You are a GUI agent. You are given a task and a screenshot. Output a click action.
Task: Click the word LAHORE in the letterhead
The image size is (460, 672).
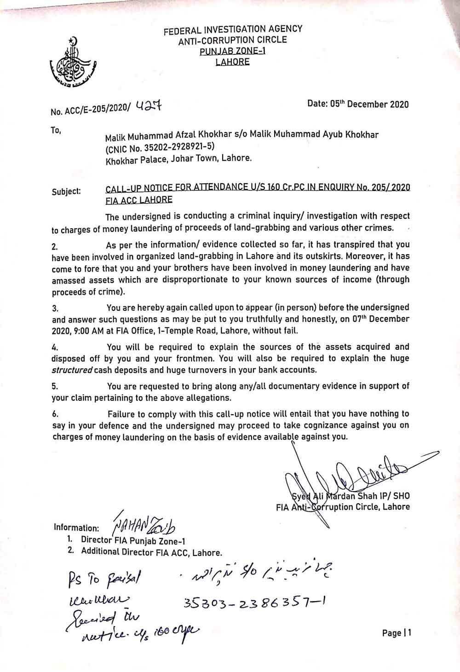tap(232, 61)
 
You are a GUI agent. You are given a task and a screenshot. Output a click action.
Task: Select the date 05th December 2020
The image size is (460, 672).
tap(369, 104)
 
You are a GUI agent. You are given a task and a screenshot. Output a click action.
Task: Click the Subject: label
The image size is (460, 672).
tap(66, 191)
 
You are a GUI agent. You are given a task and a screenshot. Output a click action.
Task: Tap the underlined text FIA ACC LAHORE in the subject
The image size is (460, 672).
tap(139, 200)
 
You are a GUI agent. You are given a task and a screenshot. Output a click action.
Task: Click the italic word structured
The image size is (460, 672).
tap(72, 370)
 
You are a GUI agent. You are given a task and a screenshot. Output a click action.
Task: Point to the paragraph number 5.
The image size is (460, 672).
tap(54, 387)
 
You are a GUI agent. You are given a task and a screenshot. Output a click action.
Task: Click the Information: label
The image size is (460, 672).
tap(76, 527)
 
